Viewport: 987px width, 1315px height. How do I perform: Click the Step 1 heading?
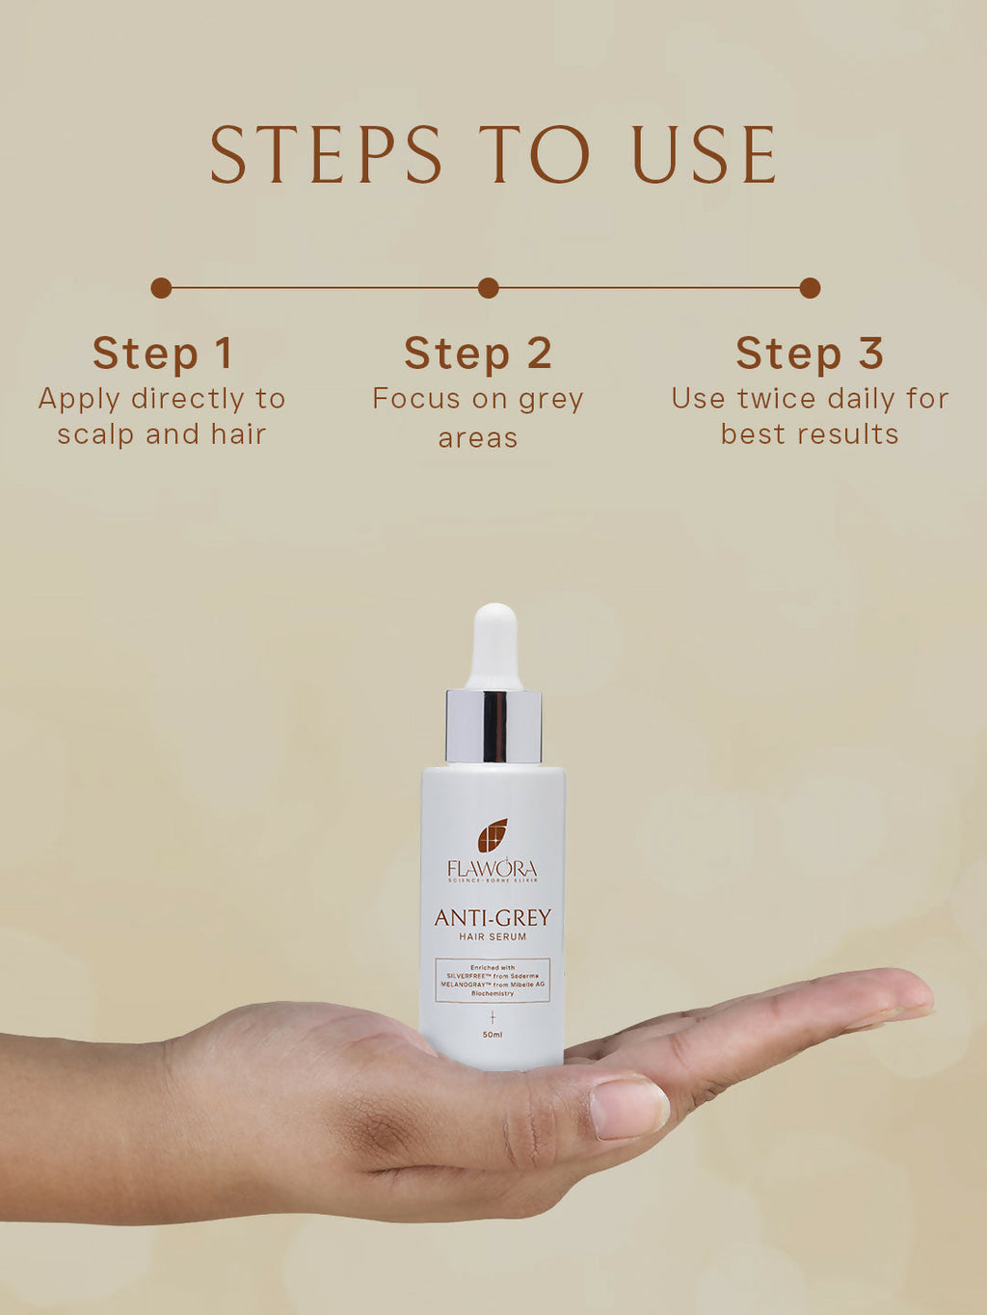[162, 354]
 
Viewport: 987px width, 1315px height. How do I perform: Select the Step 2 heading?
[478, 354]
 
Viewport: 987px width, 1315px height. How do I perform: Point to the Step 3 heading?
[810, 354]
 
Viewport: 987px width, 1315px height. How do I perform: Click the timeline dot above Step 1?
[161, 288]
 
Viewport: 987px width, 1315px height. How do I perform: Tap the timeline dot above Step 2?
[488, 288]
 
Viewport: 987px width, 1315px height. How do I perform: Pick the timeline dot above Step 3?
[810, 288]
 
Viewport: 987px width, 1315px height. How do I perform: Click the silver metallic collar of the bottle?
[493, 726]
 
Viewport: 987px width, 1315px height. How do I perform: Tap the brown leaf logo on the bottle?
[493, 835]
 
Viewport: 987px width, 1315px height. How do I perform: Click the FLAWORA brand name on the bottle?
[493, 869]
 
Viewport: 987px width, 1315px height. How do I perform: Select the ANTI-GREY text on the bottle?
[493, 918]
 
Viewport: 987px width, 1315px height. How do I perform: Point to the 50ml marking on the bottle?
[493, 1035]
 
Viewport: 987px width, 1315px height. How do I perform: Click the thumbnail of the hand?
[628, 1107]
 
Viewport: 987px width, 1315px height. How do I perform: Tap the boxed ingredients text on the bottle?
[493, 980]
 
